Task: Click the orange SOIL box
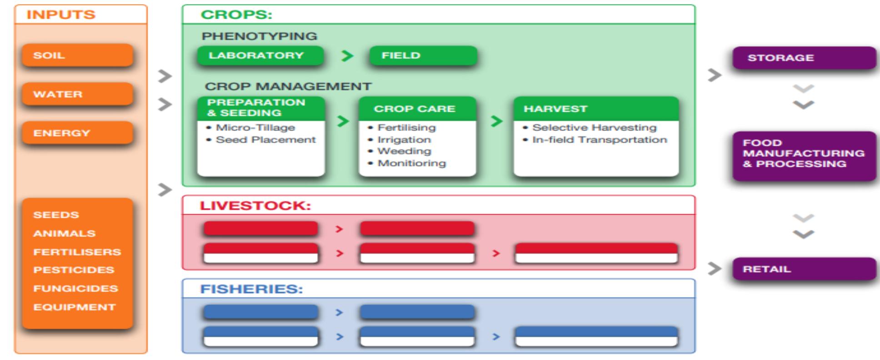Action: pyautogui.click(x=77, y=55)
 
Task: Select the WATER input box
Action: pyautogui.click(x=77, y=94)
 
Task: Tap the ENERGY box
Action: pyautogui.click(x=77, y=133)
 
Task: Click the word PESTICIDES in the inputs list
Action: pyautogui.click(x=74, y=270)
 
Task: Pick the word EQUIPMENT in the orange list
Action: pyautogui.click(x=75, y=307)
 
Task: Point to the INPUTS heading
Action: pyautogui.click(x=61, y=15)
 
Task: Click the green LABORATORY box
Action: pyautogui.click(x=260, y=55)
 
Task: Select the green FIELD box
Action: pyautogui.click(x=423, y=55)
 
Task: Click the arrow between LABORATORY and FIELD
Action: pyautogui.click(x=347, y=56)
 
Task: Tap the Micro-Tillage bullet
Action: pyautogui.click(x=255, y=128)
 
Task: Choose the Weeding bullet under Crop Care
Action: pyautogui.click(x=404, y=151)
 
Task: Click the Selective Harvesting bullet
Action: pyautogui.click(x=594, y=128)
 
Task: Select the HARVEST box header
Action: pyautogui.click(x=595, y=109)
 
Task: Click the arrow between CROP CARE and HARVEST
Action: pyautogui.click(x=497, y=121)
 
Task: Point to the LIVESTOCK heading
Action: pyautogui.click(x=255, y=205)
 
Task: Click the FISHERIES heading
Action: pyautogui.click(x=251, y=289)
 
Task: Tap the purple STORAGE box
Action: pyautogui.click(x=804, y=58)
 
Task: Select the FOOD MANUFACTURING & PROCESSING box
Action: pyautogui.click(x=804, y=154)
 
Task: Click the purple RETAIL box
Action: pyautogui.click(x=804, y=269)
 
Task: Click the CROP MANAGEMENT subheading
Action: pyautogui.click(x=288, y=86)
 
